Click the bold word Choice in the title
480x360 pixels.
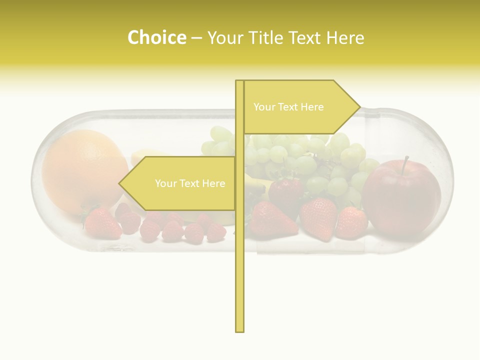[156, 37]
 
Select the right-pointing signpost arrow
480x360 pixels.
[300, 107]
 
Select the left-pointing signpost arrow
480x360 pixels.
[180, 183]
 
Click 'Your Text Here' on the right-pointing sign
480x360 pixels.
[288, 107]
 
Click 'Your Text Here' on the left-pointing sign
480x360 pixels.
[190, 183]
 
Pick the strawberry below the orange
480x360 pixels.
[102, 223]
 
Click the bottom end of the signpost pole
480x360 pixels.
[239, 329]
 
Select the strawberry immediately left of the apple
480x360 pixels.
[351, 223]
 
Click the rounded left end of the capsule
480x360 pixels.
[37, 180]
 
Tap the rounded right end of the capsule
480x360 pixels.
[448, 180]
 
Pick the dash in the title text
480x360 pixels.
[197, 38]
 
